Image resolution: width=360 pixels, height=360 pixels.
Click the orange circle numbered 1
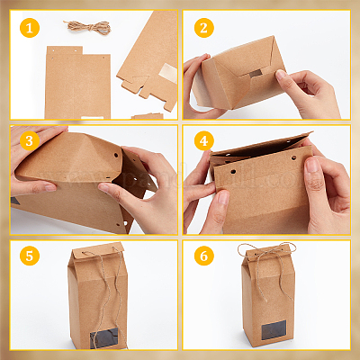(30, 28)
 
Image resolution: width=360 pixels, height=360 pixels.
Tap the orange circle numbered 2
(204, 28)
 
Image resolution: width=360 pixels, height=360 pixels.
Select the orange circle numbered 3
(30, 140)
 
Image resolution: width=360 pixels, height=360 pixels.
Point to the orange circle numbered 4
(204, 140)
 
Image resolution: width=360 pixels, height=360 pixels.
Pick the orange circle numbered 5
(30, 256)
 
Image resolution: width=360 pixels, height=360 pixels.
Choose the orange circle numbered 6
(204, 256)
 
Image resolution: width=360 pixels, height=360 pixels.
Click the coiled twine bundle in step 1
(87, 27)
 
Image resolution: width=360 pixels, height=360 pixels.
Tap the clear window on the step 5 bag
(104, 337)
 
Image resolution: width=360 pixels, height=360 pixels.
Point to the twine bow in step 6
(266, 255)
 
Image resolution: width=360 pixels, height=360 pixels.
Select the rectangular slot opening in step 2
(256, 73)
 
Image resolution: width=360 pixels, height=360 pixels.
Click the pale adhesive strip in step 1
(167, 73)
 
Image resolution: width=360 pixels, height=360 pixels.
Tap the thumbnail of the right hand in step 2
(280, 75)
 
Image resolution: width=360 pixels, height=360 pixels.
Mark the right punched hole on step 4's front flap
(293, 157)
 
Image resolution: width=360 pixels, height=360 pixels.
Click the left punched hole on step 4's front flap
(233, 172)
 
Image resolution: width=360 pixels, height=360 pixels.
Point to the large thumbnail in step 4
(312, 165)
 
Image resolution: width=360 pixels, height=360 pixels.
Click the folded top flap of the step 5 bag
(98, 251)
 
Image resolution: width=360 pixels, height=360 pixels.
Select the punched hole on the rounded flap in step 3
(116, 156)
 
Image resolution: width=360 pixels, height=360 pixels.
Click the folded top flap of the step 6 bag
(268, 251)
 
